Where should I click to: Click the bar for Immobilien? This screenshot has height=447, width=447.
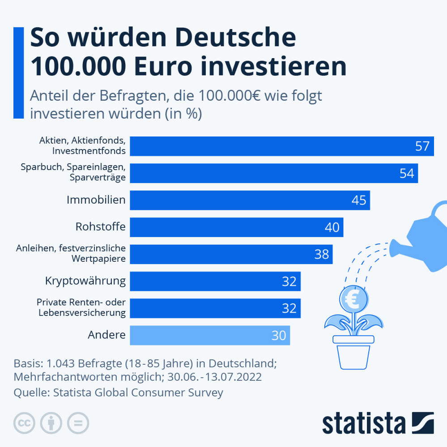click(250, 200)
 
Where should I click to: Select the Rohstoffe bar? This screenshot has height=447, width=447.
click(236, 227)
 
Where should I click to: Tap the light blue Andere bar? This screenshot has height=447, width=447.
click(209, 335)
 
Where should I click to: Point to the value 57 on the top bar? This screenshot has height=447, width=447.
click(422, 146)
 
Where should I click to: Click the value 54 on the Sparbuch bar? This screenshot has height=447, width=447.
click(407, 173)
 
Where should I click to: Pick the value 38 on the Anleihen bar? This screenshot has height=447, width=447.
click(322, 254)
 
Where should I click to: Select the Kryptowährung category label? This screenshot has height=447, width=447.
click(85, 281)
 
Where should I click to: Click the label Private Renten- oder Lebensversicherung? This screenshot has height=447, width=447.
click(81, 308)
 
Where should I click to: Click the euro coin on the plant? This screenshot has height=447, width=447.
click(353, 299)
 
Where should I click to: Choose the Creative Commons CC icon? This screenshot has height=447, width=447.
click(25, 423)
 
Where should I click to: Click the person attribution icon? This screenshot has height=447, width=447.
click(51, 423)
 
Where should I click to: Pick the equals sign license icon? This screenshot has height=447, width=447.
click(78, 423)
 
